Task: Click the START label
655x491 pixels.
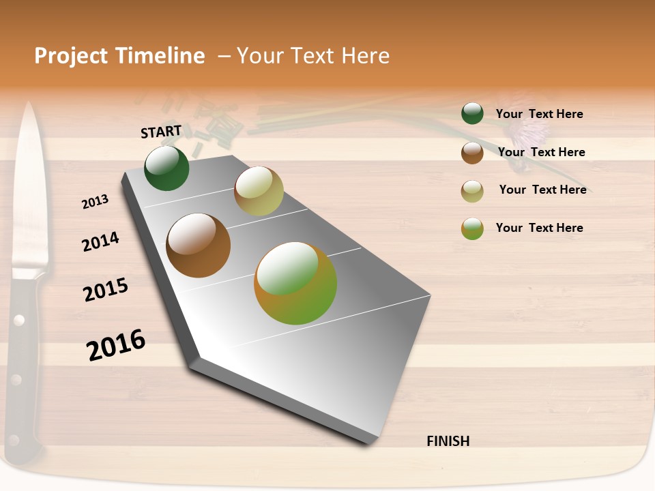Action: [161, 132]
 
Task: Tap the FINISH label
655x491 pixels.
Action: [448, 441]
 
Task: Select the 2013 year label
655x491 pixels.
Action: [96, 202]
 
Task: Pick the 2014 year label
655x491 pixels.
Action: [101, 242]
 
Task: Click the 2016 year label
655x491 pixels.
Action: [116, 345]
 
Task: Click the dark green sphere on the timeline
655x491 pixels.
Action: [166, 168]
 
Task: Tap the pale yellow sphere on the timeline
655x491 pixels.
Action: [259, 191]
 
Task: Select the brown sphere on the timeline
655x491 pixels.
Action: [199, 245]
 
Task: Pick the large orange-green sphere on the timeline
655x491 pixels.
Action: [295, 283]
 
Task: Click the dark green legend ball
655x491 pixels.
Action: [472, 113]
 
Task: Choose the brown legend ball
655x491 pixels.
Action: [472, 153]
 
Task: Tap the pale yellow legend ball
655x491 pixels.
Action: [472, 191]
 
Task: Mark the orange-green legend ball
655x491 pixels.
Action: [472, 228]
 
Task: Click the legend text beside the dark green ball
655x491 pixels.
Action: [540, 114]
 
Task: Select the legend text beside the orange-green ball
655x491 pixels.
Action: [540, 228]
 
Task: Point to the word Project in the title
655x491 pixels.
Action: [71, 56]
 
